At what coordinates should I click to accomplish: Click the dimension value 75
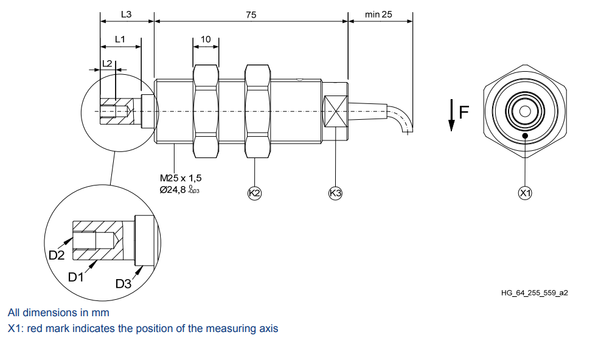click(x=251, y=14)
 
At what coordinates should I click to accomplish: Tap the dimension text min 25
click(x=378, y=14)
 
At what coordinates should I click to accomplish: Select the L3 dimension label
click(x=126, y=14)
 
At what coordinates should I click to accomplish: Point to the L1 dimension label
click(x=120, y=39)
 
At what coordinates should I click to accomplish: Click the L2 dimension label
click(x=106, y=63)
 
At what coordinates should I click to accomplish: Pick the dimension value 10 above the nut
click(x=206, y=40)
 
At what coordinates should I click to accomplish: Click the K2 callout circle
click(x=254, y=193)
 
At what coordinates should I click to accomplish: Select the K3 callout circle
click(x=335, y=193)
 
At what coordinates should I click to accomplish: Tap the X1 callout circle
click(x=525, y=193)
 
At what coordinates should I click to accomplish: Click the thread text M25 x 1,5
click(x=181, y=178)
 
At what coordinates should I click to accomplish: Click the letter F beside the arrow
click(x=464, y=112)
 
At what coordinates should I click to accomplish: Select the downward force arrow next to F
click(x=451, y=116)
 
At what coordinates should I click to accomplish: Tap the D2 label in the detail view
click(x=57, y=255)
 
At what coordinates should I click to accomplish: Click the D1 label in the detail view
click(x=76, y=277)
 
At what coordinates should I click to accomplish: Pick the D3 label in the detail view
click(x=123, y=283)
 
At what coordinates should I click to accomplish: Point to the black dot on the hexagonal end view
click(x=525, y=135)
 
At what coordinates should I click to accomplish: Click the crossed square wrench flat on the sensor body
click(x=335, y=111)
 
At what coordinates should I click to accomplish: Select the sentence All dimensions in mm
click(x=58, y=313)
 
